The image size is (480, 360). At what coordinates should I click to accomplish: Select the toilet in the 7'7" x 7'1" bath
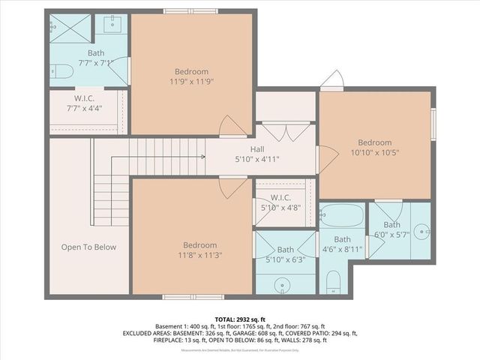pos(62,72)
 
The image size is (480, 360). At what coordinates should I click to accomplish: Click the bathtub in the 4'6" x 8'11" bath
pos(342,216)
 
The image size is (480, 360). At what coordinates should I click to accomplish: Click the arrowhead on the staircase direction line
pos(202,157)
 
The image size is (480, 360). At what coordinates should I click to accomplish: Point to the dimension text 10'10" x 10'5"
pos(373,153)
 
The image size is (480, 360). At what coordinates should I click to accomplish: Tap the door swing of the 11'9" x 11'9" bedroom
pos(232,127)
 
